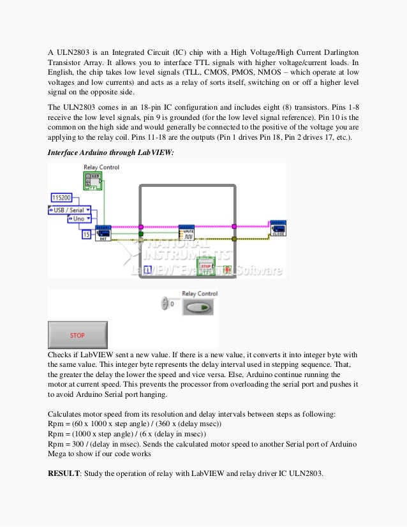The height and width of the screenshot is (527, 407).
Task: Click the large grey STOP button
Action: [x=78, y=335]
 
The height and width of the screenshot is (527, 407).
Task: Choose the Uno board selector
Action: [x=80, y=218]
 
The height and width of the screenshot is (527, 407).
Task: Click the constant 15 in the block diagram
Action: [x=86, y=235]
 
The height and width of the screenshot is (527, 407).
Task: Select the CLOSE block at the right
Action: [x=277, y=228]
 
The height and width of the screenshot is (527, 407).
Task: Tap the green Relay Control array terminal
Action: [x=93, y=181]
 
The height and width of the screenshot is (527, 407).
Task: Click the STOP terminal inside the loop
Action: [x=205, y=265]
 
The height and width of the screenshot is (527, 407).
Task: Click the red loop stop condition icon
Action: [x=227, y=270]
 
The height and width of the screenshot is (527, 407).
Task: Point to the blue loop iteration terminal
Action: [x=147, y=270]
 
